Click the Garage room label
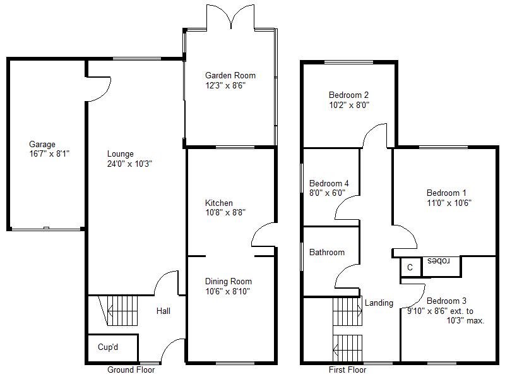[42, 145]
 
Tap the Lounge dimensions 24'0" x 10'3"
[129, 164]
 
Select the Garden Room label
[230, 75]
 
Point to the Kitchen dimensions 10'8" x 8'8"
[225, 212]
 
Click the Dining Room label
[229, 281]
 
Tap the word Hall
[163, 311]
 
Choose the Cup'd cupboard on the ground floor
[113, 348]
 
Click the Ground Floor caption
[131, 370]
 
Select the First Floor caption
[348, 370]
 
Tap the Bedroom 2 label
[348, 95]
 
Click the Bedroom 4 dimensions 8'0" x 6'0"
[327, 193]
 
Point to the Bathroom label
[327, 252]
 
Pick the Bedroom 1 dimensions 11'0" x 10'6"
[449, 203]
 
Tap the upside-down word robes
[438, 262]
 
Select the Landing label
[379, 303]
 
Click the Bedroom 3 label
[446, 301]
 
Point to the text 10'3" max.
[465, 321]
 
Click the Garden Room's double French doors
[230, 17]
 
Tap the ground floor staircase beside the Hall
[119, 311]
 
